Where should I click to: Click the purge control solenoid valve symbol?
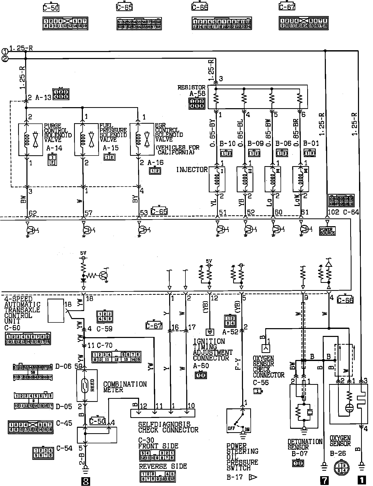31,140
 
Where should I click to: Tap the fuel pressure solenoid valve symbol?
87,140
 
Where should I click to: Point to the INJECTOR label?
192,170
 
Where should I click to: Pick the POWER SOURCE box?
327,231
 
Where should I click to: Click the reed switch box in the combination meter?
87,385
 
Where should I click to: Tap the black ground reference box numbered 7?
324,480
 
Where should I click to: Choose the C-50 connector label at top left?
51,8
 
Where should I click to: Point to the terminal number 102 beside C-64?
333,212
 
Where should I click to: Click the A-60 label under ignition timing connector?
201,366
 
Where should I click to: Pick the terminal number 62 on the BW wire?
33,213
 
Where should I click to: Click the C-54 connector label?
65,448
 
